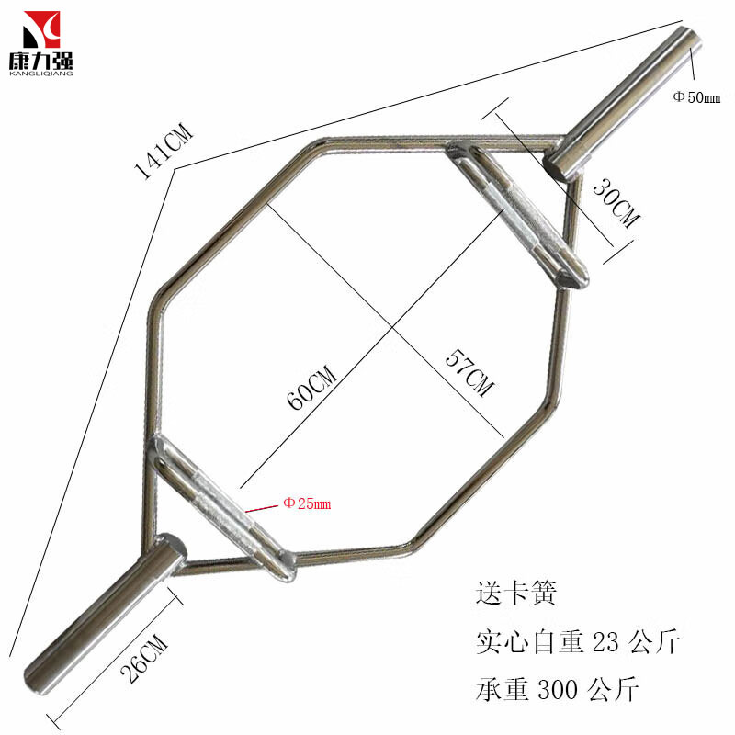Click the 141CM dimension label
(x=163, y=152)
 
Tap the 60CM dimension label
(x=311, y=388)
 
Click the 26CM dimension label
(x=144, y=658)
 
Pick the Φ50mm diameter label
(x=696, y=97)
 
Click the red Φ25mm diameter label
(x=307, y=503)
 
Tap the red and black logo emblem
(x=41, y=30)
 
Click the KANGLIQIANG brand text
(x=41, y=73)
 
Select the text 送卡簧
(x=516, y=593)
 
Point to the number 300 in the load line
(x=558, y=689)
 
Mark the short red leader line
(x=262, y=508)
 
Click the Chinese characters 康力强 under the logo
(x=41, y=61)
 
